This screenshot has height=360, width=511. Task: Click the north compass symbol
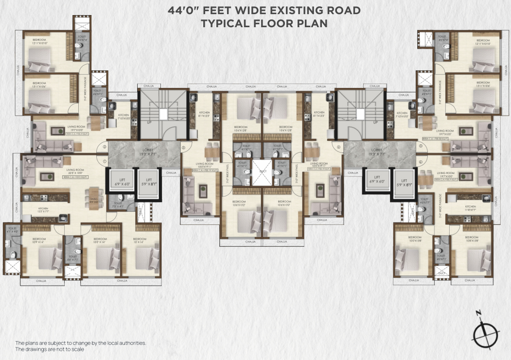(486, 334)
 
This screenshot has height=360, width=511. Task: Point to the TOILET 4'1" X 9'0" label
(12, 230)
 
